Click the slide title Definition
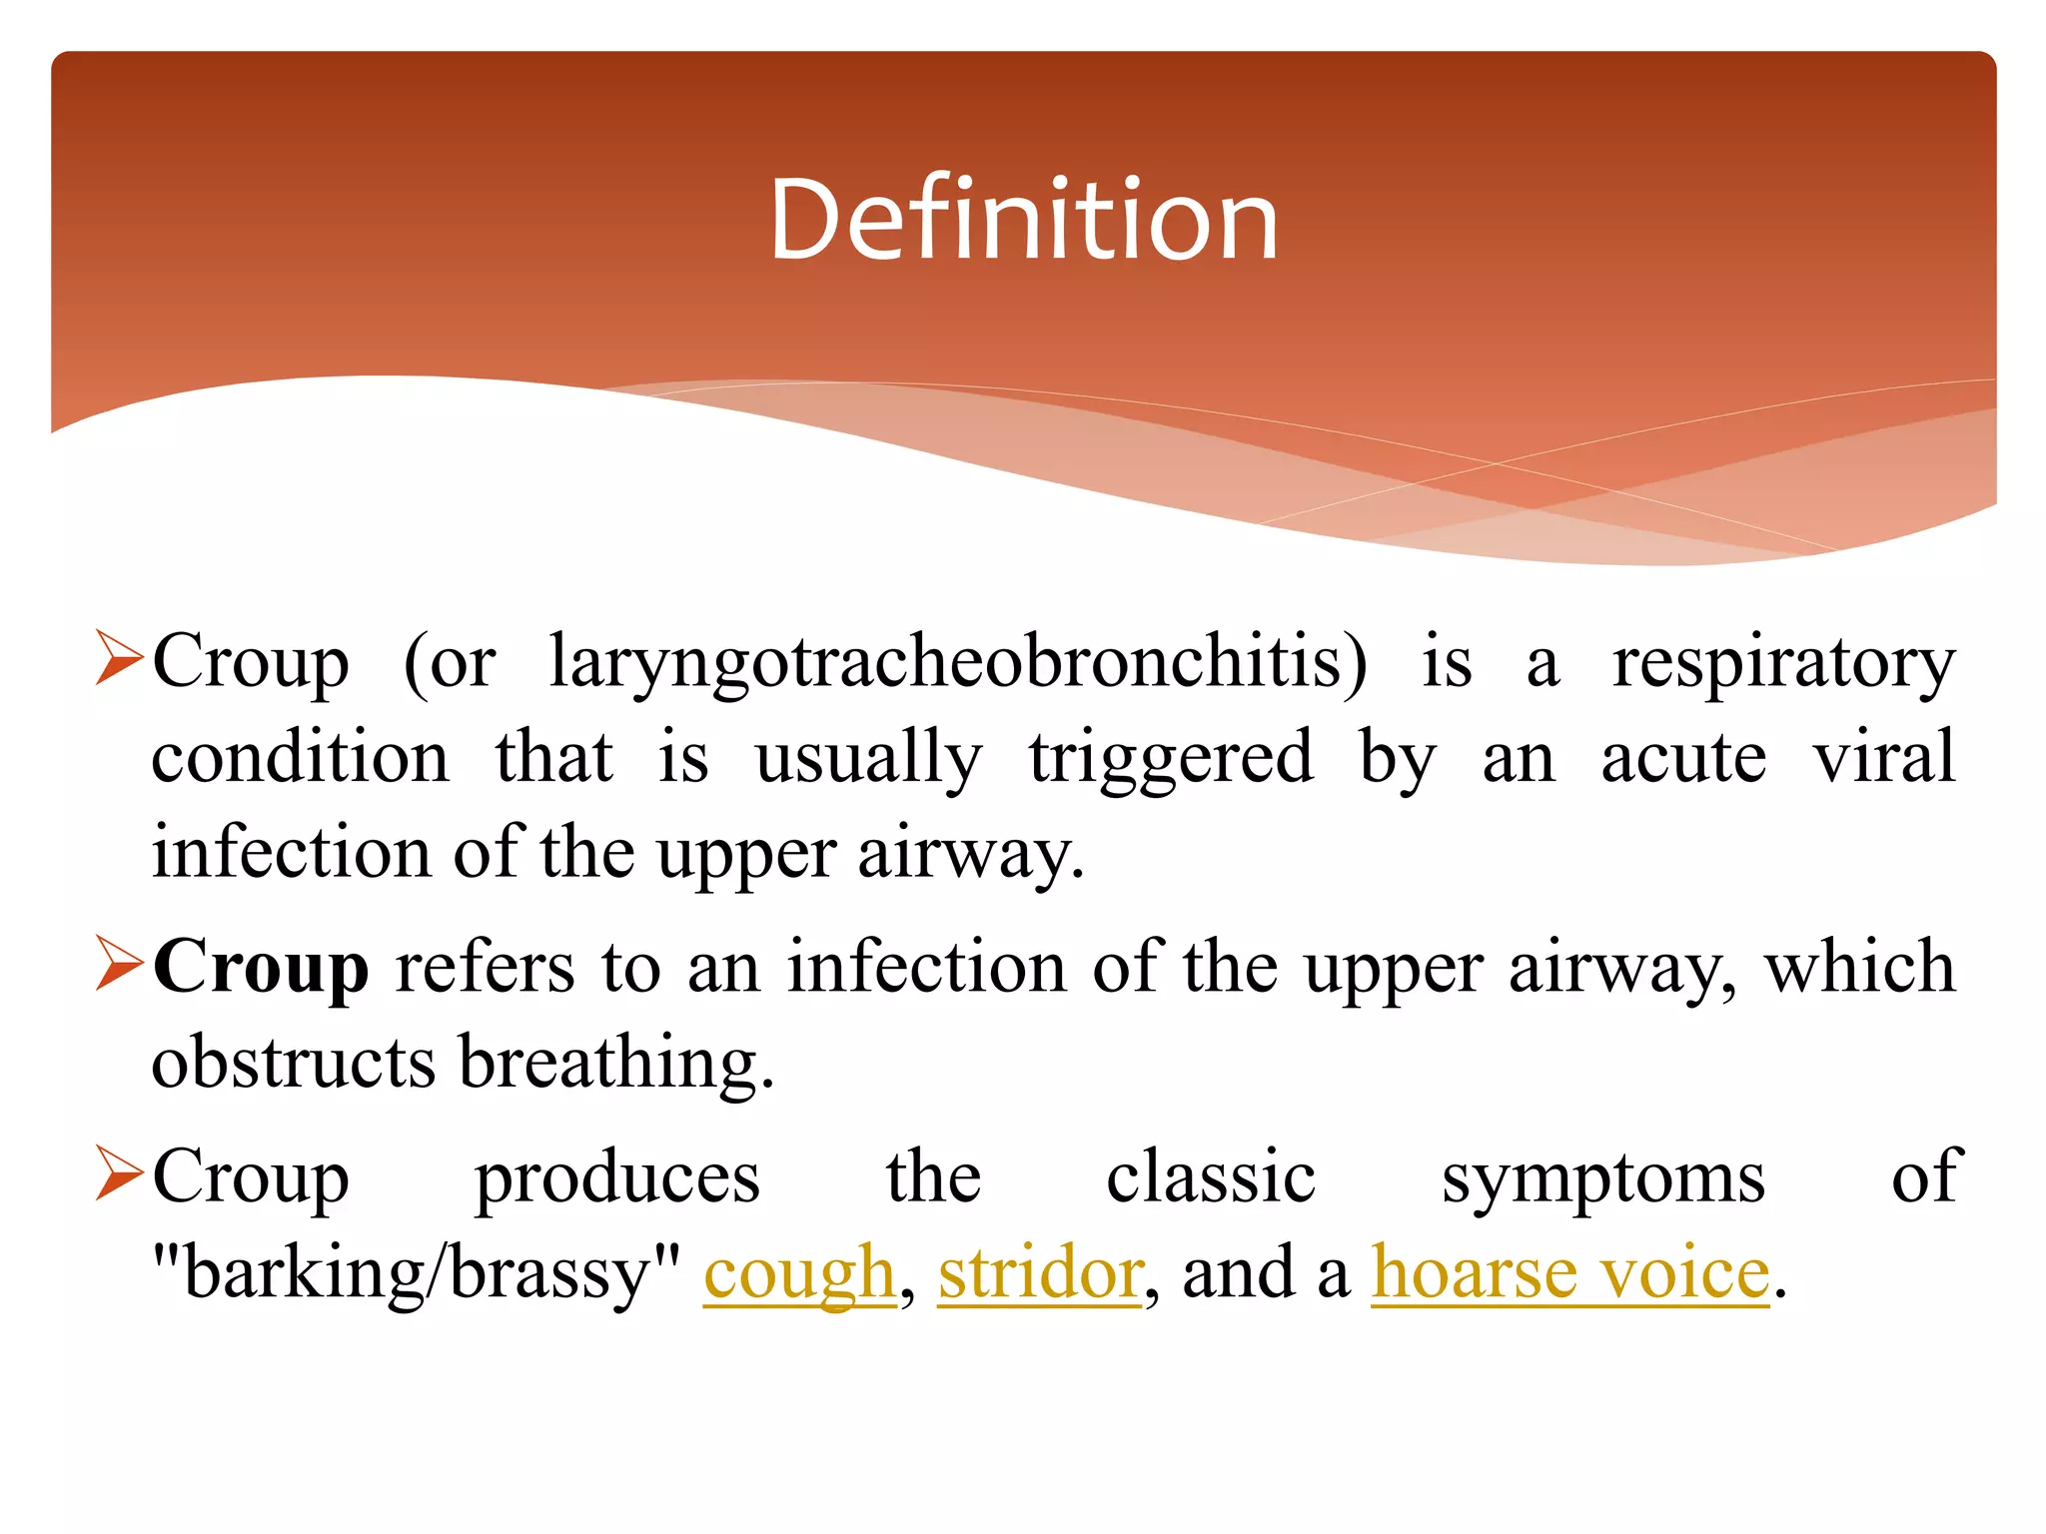click(1023, 220)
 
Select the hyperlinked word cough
click(799, 1273)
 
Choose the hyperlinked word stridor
click(1039, 1273)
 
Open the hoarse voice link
click(1569, 1273)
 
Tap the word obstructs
click(293, 1062)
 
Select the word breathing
click(615, 1064)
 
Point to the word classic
click(1210, 1176)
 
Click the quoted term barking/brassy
click(417, 1273)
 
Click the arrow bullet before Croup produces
click(119, 1172)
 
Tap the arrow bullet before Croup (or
click(119, 658)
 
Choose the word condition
click(300, 757)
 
